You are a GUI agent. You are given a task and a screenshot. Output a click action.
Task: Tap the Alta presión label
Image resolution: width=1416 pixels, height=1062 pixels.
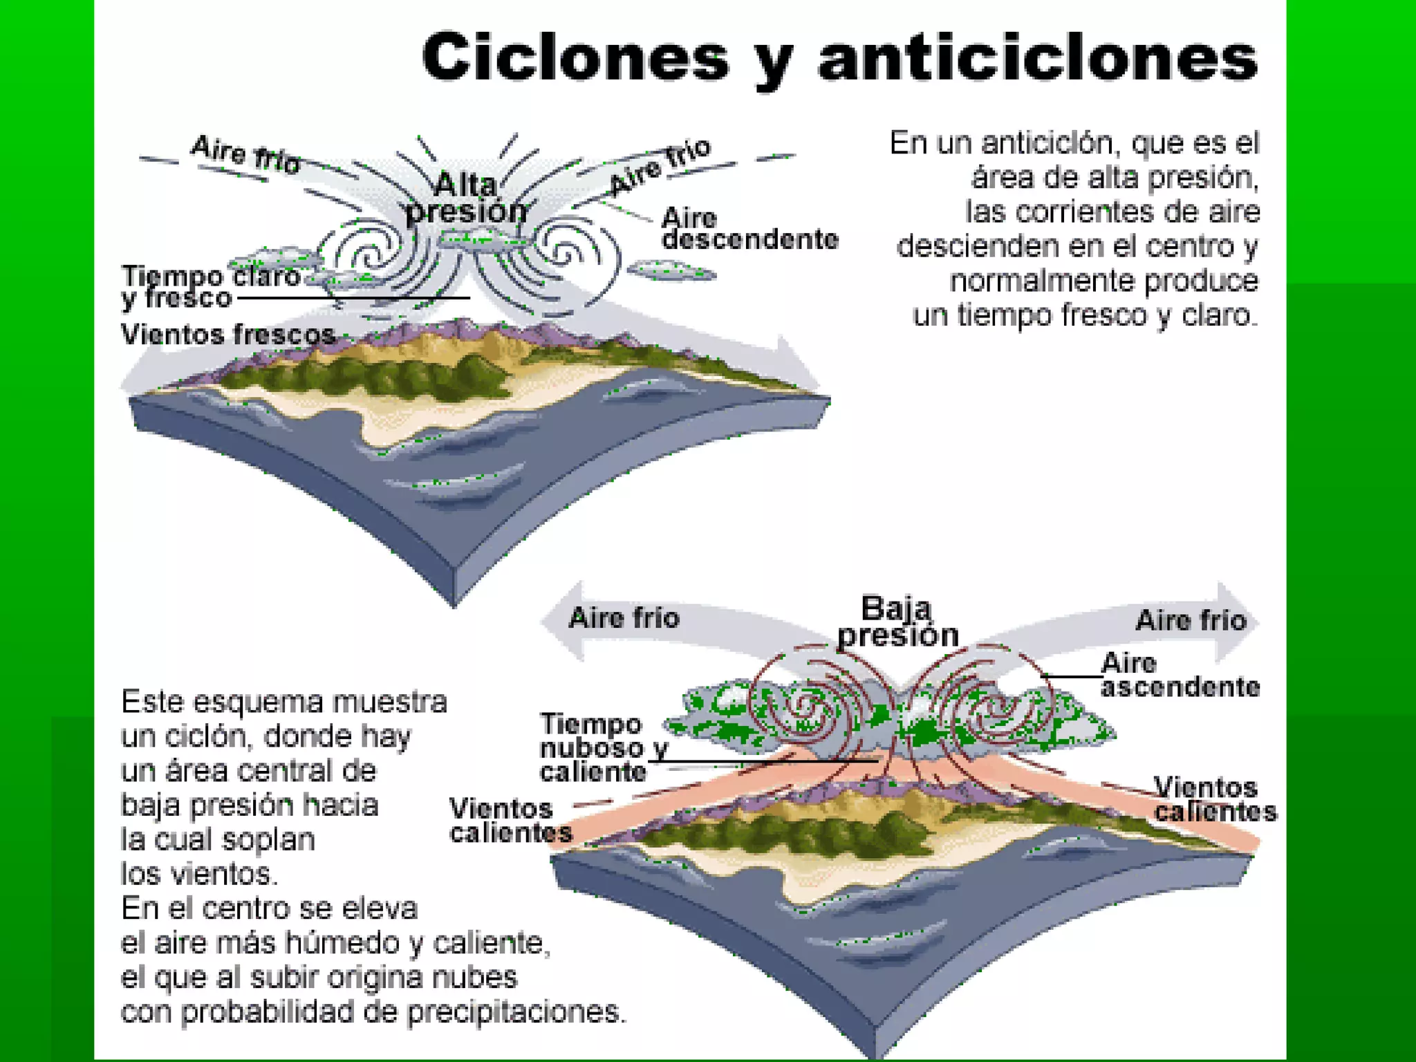pos(467,198)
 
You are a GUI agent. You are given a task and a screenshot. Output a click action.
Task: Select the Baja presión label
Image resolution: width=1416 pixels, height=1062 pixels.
pos(897,622)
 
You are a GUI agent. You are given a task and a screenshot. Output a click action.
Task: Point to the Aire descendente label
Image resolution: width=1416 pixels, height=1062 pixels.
pos(748,229)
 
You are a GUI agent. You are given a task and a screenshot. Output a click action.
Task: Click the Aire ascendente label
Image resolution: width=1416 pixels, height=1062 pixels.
pos(1179,675)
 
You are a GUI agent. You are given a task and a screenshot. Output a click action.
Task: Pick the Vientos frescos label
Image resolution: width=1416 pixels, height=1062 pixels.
pos(228,335)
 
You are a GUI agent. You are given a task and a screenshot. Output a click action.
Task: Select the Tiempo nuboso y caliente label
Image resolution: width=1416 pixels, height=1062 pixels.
pos(602,747)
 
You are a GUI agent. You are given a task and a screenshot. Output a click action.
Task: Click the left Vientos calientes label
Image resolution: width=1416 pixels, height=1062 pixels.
pos(509,821)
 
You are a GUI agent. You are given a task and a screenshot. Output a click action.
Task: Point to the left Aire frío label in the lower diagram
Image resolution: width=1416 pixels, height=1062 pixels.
pos(624,618)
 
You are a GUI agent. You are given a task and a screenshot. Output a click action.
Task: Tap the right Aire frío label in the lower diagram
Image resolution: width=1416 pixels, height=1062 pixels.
pos(1191,620)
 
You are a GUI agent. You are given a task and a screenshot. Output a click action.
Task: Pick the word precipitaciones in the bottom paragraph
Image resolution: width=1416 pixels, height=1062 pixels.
pos(515,1012)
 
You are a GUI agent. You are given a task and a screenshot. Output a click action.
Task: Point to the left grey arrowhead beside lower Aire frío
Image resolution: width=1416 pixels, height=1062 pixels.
pos(563,619)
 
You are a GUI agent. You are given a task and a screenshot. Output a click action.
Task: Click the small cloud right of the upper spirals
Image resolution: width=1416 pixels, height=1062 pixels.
pos(671,270)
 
